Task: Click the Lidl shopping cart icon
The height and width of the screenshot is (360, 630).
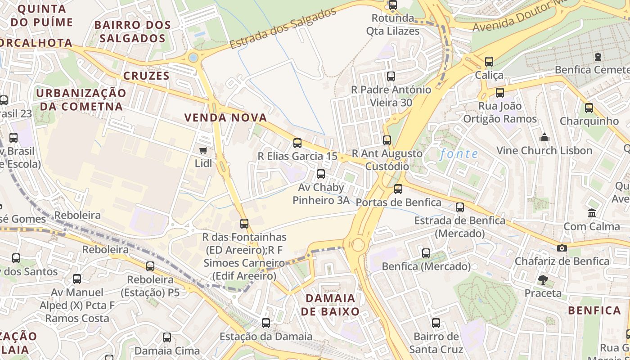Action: click(x=203, y=150)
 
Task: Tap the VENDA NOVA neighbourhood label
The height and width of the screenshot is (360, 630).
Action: click(x=225, y=118)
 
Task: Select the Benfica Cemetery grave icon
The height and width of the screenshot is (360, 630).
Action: click(x=598, y=57)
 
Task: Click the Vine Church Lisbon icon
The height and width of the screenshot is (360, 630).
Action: click(x=544, y=137)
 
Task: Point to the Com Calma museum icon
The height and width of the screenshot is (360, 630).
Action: click(x=592, y=213)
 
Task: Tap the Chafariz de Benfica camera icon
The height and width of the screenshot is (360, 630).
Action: click(x=562, y=248)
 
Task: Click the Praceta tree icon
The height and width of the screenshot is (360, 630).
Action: click(x=543, y=280)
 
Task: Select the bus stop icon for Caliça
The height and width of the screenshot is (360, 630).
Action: click(x=489, y=62)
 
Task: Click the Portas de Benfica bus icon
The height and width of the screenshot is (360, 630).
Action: click(x=398, y=189)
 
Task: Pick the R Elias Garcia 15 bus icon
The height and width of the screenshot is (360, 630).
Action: click(x=297, y=143)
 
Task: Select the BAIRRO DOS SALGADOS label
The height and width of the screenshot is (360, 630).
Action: click(x=133, y=31)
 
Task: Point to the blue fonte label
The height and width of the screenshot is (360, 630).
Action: click(x=459, y=154)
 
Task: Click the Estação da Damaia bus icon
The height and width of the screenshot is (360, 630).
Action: click(x=266, y=323)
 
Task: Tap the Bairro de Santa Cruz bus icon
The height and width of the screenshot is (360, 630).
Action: click(x=436, y=323)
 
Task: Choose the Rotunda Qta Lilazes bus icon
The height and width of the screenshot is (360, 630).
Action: click(x=393, y=5)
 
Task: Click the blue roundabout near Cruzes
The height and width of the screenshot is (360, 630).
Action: click(x=193, y=57)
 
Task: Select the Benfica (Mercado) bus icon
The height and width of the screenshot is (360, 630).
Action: click(x=426, y=253)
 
